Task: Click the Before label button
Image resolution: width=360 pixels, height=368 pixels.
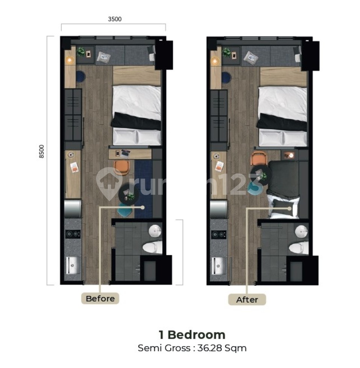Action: [100, 299]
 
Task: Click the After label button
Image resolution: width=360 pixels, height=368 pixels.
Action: [247, 300]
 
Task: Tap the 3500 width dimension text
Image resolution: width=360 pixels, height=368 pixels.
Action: [115, 20]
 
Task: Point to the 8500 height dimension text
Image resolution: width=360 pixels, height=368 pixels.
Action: [42, 151]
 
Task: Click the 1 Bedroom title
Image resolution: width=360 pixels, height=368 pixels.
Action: [192, 335]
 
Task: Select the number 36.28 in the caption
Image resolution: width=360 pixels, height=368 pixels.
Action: [214, 348]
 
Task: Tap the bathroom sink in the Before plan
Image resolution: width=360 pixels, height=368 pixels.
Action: [155, 231]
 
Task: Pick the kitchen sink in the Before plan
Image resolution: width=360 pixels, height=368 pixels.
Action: [73, 265]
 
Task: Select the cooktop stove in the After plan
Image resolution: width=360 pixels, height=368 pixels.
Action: [219, 235]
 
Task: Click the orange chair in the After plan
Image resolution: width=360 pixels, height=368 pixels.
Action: [258, 158]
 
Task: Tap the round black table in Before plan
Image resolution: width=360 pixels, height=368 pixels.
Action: [129, 195]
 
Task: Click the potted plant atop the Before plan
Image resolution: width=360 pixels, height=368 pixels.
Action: [81, 51]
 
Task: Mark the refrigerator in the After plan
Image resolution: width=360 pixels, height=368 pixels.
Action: [219, 208]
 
